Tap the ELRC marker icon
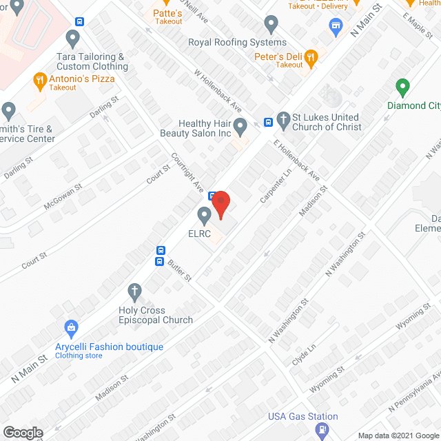pos(204,214)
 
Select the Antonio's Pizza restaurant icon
pos(40,80)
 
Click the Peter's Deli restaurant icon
pos(311,58)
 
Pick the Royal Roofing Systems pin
pos(271,25)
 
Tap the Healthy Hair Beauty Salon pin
pos(240,126)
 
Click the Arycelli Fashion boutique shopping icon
pos(70,327)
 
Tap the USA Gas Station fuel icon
pos(321,430)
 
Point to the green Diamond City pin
pos(402,88)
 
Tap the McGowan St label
pos(63,196)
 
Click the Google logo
pos(22,432)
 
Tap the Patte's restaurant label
pos(167,13)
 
